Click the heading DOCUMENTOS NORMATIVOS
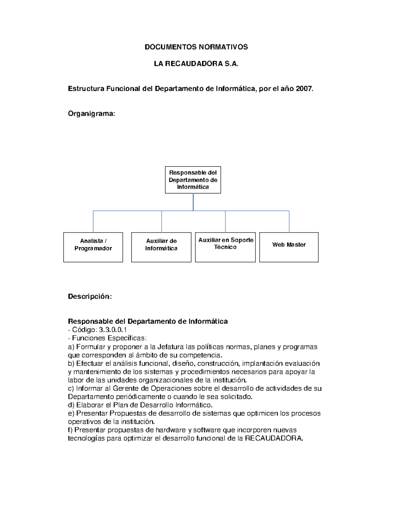196,47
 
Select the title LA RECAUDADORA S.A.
196,64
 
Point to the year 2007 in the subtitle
304,89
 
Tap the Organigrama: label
91,114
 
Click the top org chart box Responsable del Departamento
193,180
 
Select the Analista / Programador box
93,247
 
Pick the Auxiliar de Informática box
161,247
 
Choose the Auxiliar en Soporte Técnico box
225,247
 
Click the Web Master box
289,247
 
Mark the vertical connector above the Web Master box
289,222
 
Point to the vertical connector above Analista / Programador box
93,222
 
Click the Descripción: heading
90,296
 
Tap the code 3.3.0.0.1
113,330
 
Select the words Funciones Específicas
109,338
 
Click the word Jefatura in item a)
170,347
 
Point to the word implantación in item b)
262,363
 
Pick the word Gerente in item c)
125,389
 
